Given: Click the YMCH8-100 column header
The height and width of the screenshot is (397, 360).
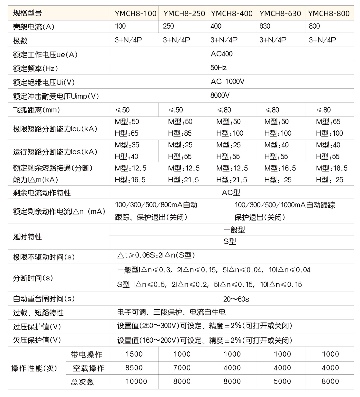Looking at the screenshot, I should pos(135,14).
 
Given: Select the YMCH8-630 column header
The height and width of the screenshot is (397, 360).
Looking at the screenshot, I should pos(280,14).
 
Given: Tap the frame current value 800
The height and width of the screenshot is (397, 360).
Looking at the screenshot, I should pos(314,26).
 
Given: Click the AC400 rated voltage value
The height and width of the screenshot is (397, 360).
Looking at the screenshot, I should pos(221,54).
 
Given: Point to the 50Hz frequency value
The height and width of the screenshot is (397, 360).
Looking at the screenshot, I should pos(219,68).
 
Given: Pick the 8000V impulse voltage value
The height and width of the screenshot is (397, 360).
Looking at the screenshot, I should pos(220,95).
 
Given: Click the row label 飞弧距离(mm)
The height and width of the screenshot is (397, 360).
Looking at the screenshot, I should pos(36,110).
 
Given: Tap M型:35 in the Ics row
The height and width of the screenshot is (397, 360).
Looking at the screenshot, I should pos(127,145).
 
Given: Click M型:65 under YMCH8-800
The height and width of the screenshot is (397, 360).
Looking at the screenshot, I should pos(328,122).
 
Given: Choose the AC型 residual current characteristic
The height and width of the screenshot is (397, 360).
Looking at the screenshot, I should pos(231,193).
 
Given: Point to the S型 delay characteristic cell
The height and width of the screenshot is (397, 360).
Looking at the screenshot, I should pos(230,242).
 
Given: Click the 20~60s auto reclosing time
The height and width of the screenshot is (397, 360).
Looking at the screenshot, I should pos(236,299).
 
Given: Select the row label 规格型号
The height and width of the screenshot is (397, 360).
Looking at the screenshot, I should pos(27,14).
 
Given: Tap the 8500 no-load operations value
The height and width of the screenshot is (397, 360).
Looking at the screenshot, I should pos(134,368).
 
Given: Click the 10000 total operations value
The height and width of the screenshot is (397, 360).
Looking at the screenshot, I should pos(136,382).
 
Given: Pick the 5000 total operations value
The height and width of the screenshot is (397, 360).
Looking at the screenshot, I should pos(282,382).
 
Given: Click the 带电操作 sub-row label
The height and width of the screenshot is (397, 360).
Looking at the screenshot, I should pos(86,355).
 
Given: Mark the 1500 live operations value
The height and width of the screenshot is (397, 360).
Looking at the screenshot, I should pos(134,354).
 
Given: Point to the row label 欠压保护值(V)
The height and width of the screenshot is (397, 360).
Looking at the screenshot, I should pos(37,340).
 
